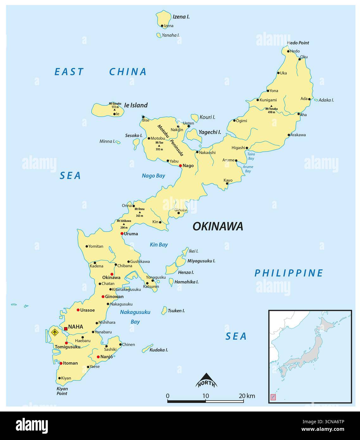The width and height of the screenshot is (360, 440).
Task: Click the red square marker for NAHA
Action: [66, 329]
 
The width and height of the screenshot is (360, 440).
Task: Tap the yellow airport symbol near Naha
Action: [54, 332]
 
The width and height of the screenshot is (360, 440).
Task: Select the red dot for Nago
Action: [180, 166]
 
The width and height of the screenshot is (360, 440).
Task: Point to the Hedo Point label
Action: [298, 43]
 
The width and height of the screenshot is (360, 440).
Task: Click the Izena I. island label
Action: [181, 17]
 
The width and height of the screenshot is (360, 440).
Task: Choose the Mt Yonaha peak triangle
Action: [271, 106]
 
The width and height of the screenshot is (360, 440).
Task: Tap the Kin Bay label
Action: [159, 245]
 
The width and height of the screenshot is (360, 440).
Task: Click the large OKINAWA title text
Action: [218, 226]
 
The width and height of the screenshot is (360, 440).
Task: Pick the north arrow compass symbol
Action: [206, 380]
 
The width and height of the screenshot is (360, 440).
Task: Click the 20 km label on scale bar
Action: [247, 396]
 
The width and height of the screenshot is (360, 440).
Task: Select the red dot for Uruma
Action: [122, 234]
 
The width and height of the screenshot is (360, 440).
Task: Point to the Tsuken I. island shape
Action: [164, 310]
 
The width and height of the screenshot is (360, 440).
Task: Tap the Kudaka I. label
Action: [159, 350]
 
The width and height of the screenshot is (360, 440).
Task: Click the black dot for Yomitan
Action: [87, 246]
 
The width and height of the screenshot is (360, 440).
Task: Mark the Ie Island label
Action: [136, 105]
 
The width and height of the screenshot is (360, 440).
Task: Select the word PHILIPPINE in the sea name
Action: [289, 273]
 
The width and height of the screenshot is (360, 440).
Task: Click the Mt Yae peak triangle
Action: [159, 146]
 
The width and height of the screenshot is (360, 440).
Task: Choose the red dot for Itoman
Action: [61, 363]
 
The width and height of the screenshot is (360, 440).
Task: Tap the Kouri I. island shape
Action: [194, 118]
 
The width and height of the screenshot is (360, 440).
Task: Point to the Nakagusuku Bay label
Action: [135, 317]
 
